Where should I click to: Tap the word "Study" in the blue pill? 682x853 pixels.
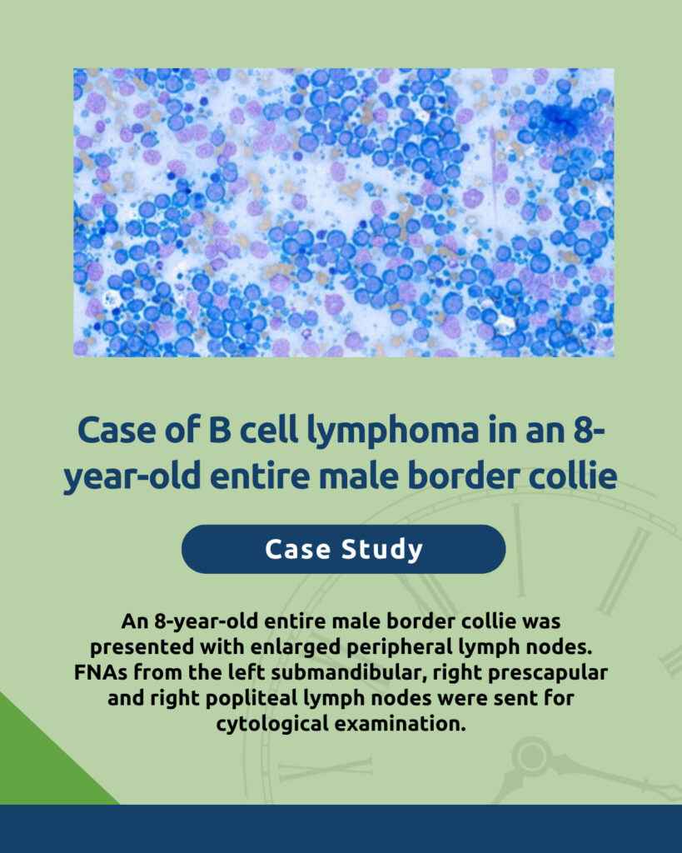(x=381, y=550)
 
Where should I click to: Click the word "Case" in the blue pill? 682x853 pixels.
(x=297, y=550)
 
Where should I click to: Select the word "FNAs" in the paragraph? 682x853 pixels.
(x=101, y=672)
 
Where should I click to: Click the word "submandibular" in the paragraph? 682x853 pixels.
(x=346, y=672)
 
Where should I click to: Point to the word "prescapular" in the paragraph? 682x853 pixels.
(x=548, y=673)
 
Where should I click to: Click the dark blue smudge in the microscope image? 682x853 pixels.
(x=564, y=117)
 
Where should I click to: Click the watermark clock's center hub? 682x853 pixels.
(x=531, y=756)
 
